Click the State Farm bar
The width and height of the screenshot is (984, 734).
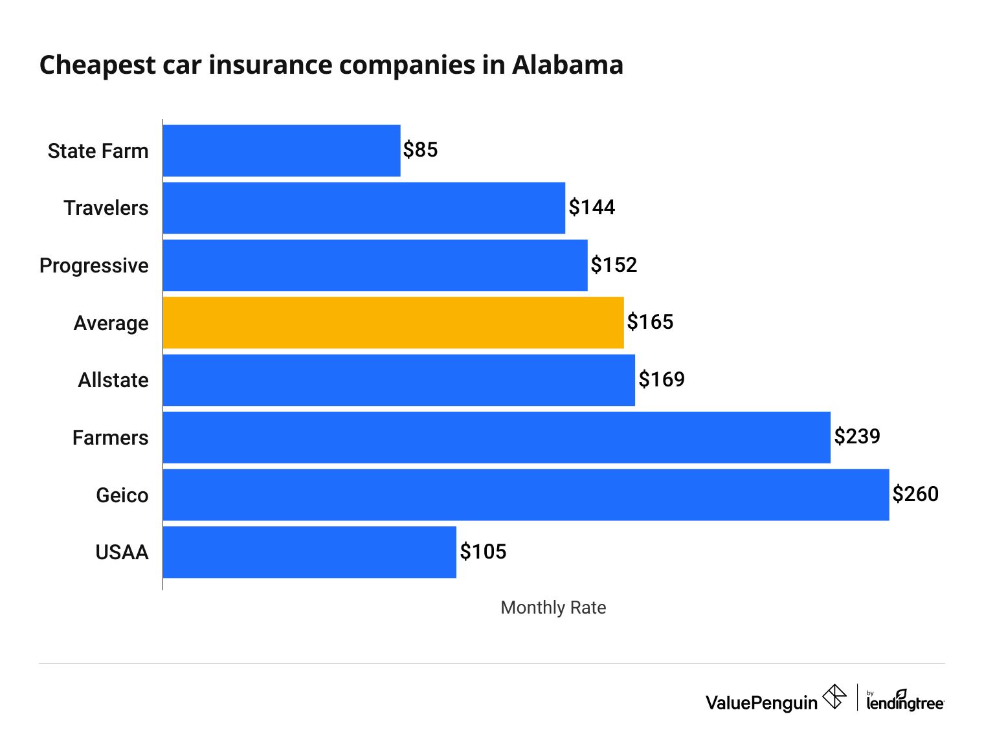(282, 150)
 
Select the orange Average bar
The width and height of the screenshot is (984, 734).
(393, 322)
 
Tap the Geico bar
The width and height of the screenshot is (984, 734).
(526, 495)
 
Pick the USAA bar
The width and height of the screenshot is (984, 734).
(309, 551)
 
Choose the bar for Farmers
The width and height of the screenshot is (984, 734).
(497, 437)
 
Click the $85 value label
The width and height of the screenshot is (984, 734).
(420, 150)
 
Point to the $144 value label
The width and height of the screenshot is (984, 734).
(592, 207)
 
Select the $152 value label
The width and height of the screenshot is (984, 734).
(614, 265)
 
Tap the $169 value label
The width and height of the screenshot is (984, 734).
(661, 379)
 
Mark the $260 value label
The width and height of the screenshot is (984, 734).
(915, 494)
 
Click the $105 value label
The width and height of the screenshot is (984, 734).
(483, 551)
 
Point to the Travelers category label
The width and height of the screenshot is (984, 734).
(106, 208)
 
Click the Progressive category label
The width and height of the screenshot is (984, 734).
(94, 265)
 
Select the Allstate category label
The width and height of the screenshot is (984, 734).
(113, 380)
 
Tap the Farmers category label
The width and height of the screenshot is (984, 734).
(110, 438)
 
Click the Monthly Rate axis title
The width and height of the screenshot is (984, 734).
(553, 607)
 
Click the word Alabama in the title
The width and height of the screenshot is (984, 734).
(568, 65)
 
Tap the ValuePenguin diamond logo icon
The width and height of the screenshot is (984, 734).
(834, 697)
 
